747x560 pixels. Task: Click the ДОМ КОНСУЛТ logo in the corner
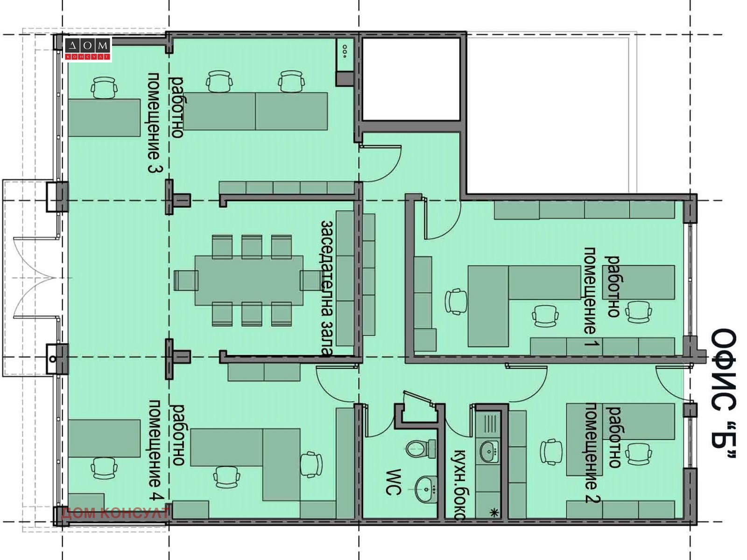[x=88, y=49]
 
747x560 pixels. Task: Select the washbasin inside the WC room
[x=426, y=489]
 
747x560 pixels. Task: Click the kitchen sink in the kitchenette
[x=489, y=451]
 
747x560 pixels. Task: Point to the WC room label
[x=394, y=482]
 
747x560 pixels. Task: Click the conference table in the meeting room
[x=249, y=280]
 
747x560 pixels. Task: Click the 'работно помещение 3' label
[x=166, y=122]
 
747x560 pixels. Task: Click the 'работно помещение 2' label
[x=603, y=453]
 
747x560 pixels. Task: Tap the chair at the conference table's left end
[x=185, y=280]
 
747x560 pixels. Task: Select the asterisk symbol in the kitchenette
[x=494, y=512]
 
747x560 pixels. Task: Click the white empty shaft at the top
[x=411, y=79]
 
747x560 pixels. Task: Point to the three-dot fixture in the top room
[x=345, y=52]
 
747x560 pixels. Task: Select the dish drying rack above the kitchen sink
[x=489, y=424]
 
